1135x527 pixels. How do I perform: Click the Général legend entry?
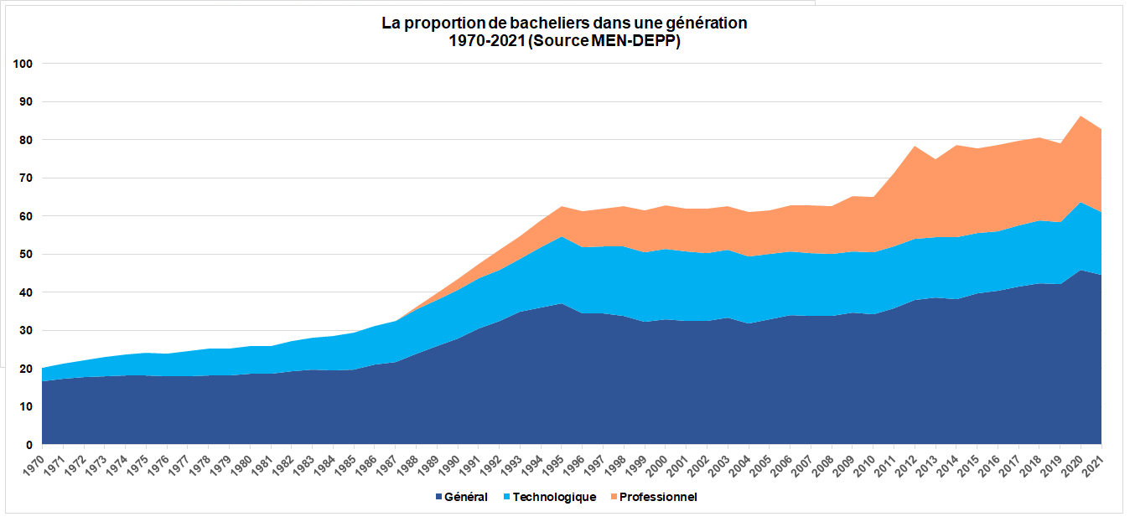466,497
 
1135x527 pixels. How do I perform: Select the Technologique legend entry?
554,497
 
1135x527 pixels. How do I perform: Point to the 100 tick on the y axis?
23,64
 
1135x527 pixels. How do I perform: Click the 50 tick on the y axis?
26,255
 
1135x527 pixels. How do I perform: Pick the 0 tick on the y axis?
29,445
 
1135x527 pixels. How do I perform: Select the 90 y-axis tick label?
26,102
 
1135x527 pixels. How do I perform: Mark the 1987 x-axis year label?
392,463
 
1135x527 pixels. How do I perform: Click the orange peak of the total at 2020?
1081,116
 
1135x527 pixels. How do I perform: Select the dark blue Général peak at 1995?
562,304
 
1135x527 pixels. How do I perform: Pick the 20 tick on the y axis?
26,369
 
